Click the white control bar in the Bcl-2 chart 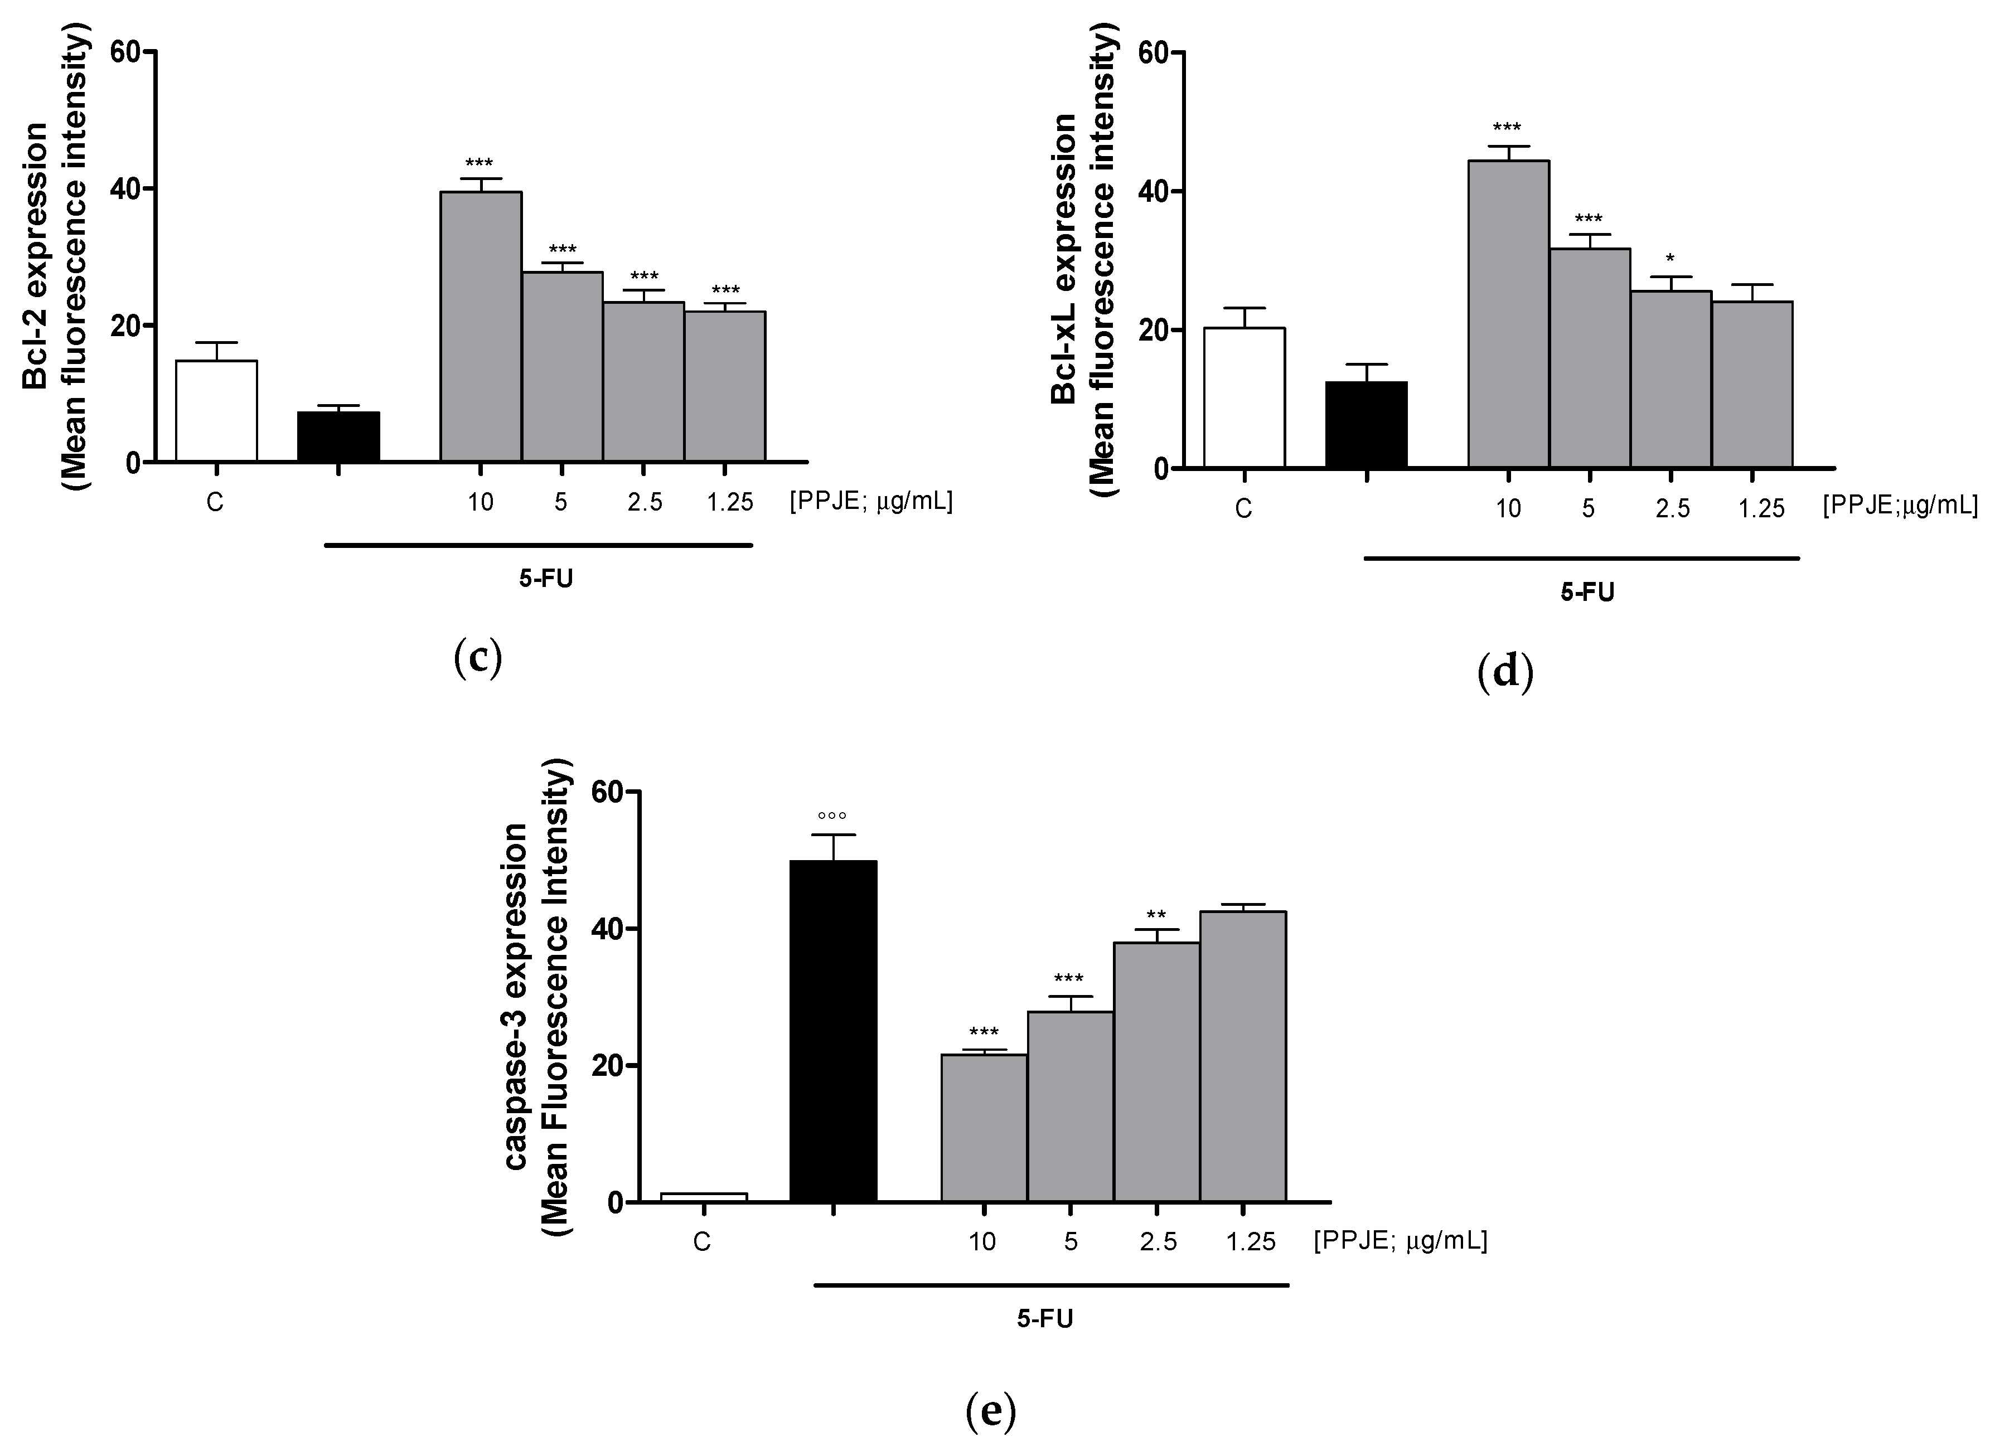216,411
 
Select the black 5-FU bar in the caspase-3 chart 832,1031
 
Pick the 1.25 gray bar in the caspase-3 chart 1242,1057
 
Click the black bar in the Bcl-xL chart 1365,424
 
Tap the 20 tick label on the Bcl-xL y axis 1154,331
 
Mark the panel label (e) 990,1412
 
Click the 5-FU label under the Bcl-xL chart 1587,593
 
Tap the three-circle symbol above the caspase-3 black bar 831,816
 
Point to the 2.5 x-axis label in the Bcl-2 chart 645,502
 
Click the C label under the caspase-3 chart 702,1243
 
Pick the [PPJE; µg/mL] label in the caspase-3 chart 1400,1241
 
